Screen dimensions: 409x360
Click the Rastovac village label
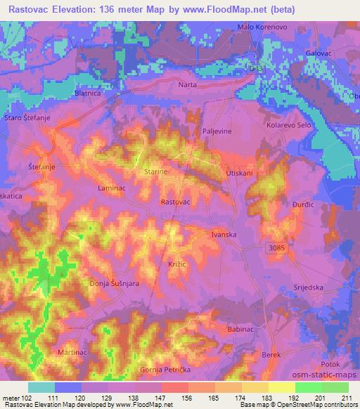[176, 202]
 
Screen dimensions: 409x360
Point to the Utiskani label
[238, 171]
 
